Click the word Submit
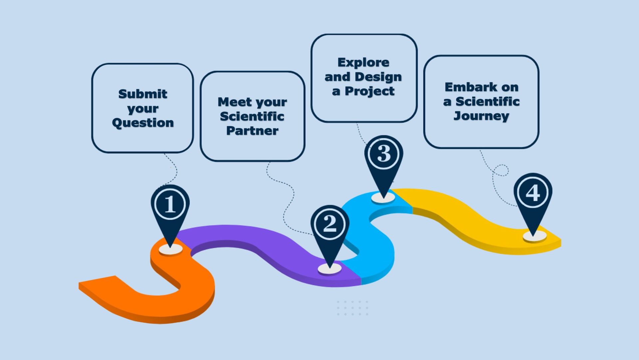click(143, 94)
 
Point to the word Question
click(143, 123)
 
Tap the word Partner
click(252, 130)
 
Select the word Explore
click(363, 63)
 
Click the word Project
click(369, 91)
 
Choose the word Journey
click(481, 116)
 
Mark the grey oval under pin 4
click(534, 236)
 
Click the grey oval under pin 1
click(170, 249)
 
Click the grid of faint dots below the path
click(352, 308)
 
